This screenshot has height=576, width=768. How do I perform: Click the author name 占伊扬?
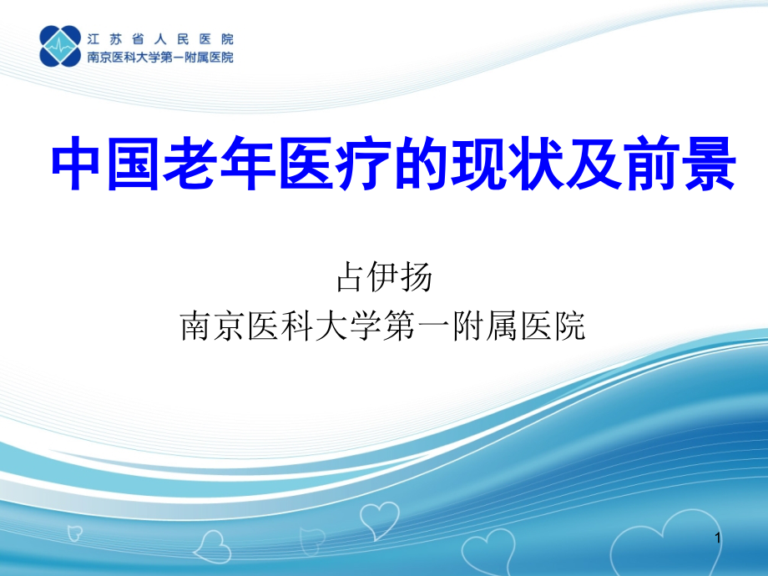[x=384, y=277]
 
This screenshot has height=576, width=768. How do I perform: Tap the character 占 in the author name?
[x=351, y=277]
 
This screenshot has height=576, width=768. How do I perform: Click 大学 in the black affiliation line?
[x=350, y=326]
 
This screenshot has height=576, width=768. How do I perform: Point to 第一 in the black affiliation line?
[x=418, y=326]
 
